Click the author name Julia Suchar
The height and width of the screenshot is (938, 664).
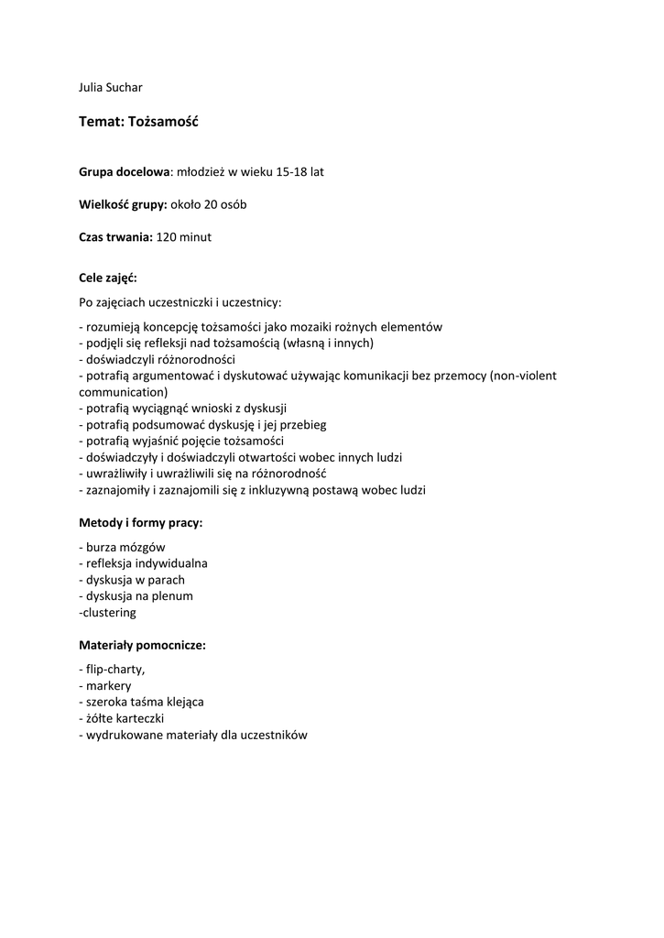point(111,88)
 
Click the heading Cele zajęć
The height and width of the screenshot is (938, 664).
point(108,277)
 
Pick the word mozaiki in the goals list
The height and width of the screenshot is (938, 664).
point(321,327)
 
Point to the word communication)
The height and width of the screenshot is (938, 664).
point(124,391)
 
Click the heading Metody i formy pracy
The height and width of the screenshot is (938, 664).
point(141,523)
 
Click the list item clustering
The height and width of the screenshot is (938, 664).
point(109,612)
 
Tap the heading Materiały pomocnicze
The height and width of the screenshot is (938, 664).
point(142,645)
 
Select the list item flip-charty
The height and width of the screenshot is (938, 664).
point(114,669)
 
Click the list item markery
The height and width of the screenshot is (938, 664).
point(108,685)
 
